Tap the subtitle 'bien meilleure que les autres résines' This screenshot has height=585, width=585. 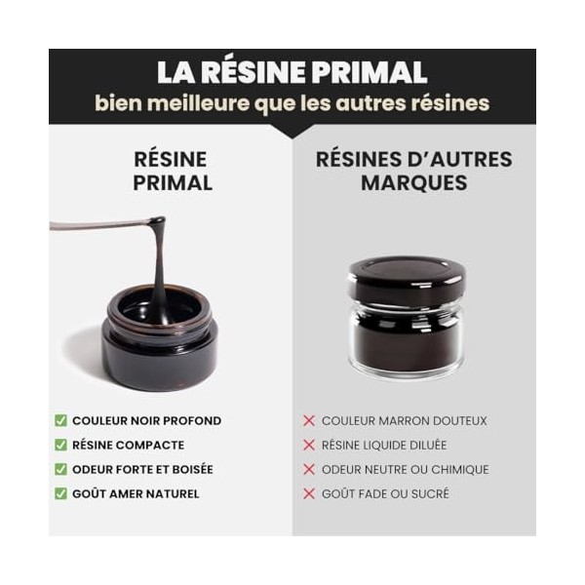[292, 103]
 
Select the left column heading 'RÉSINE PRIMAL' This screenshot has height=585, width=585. [173, 171]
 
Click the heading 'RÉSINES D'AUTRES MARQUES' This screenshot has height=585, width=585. [413, 171]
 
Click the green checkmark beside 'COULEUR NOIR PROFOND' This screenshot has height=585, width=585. [60, 421]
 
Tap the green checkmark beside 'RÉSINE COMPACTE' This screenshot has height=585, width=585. [60, 446]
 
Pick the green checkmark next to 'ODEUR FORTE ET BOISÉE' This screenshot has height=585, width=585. [60, 470]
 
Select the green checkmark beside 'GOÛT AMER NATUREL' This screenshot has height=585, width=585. [60, 494]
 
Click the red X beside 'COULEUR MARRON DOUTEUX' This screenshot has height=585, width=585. [309, 421]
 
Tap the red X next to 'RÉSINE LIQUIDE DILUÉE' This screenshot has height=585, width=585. [309, 446]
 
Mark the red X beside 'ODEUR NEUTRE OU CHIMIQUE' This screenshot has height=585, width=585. [309, 470]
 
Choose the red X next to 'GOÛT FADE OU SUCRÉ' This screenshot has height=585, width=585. [309, 494]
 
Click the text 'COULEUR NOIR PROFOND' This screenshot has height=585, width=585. [146, 421]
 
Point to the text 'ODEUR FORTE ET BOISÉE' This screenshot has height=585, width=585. [142, 470]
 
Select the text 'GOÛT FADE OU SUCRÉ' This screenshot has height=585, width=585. [385, 494]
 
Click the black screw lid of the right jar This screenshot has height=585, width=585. [407, 281]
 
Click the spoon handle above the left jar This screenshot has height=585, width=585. [93, 226]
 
